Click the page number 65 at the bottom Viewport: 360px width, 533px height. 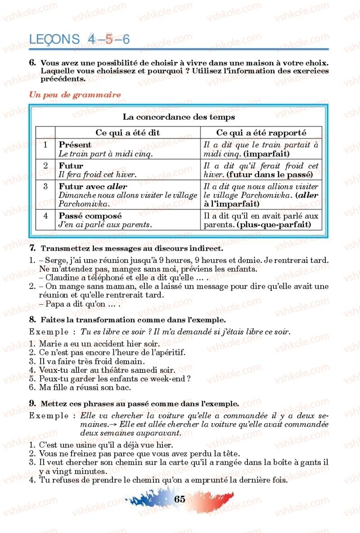(x=179, y=499)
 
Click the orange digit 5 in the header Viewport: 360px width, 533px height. (x=109, y=40)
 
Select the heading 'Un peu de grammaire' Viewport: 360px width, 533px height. (x=75, y=95)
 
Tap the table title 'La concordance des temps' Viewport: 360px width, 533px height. (x=179, y=117)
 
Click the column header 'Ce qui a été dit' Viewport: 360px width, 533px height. (x=128, y=133)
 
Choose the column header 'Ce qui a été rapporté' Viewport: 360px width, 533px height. (x=261, y=133)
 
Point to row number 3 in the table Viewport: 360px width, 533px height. (x=45, y=186)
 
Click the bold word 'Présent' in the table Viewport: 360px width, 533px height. (x=75, y=145)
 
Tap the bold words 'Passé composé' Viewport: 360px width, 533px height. (x=90, y=216)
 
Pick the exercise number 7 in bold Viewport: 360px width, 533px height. (x=32, y=248)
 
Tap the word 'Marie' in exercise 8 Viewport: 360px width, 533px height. (x=49, y=345)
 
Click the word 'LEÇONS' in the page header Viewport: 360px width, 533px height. (x=54, y=40)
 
